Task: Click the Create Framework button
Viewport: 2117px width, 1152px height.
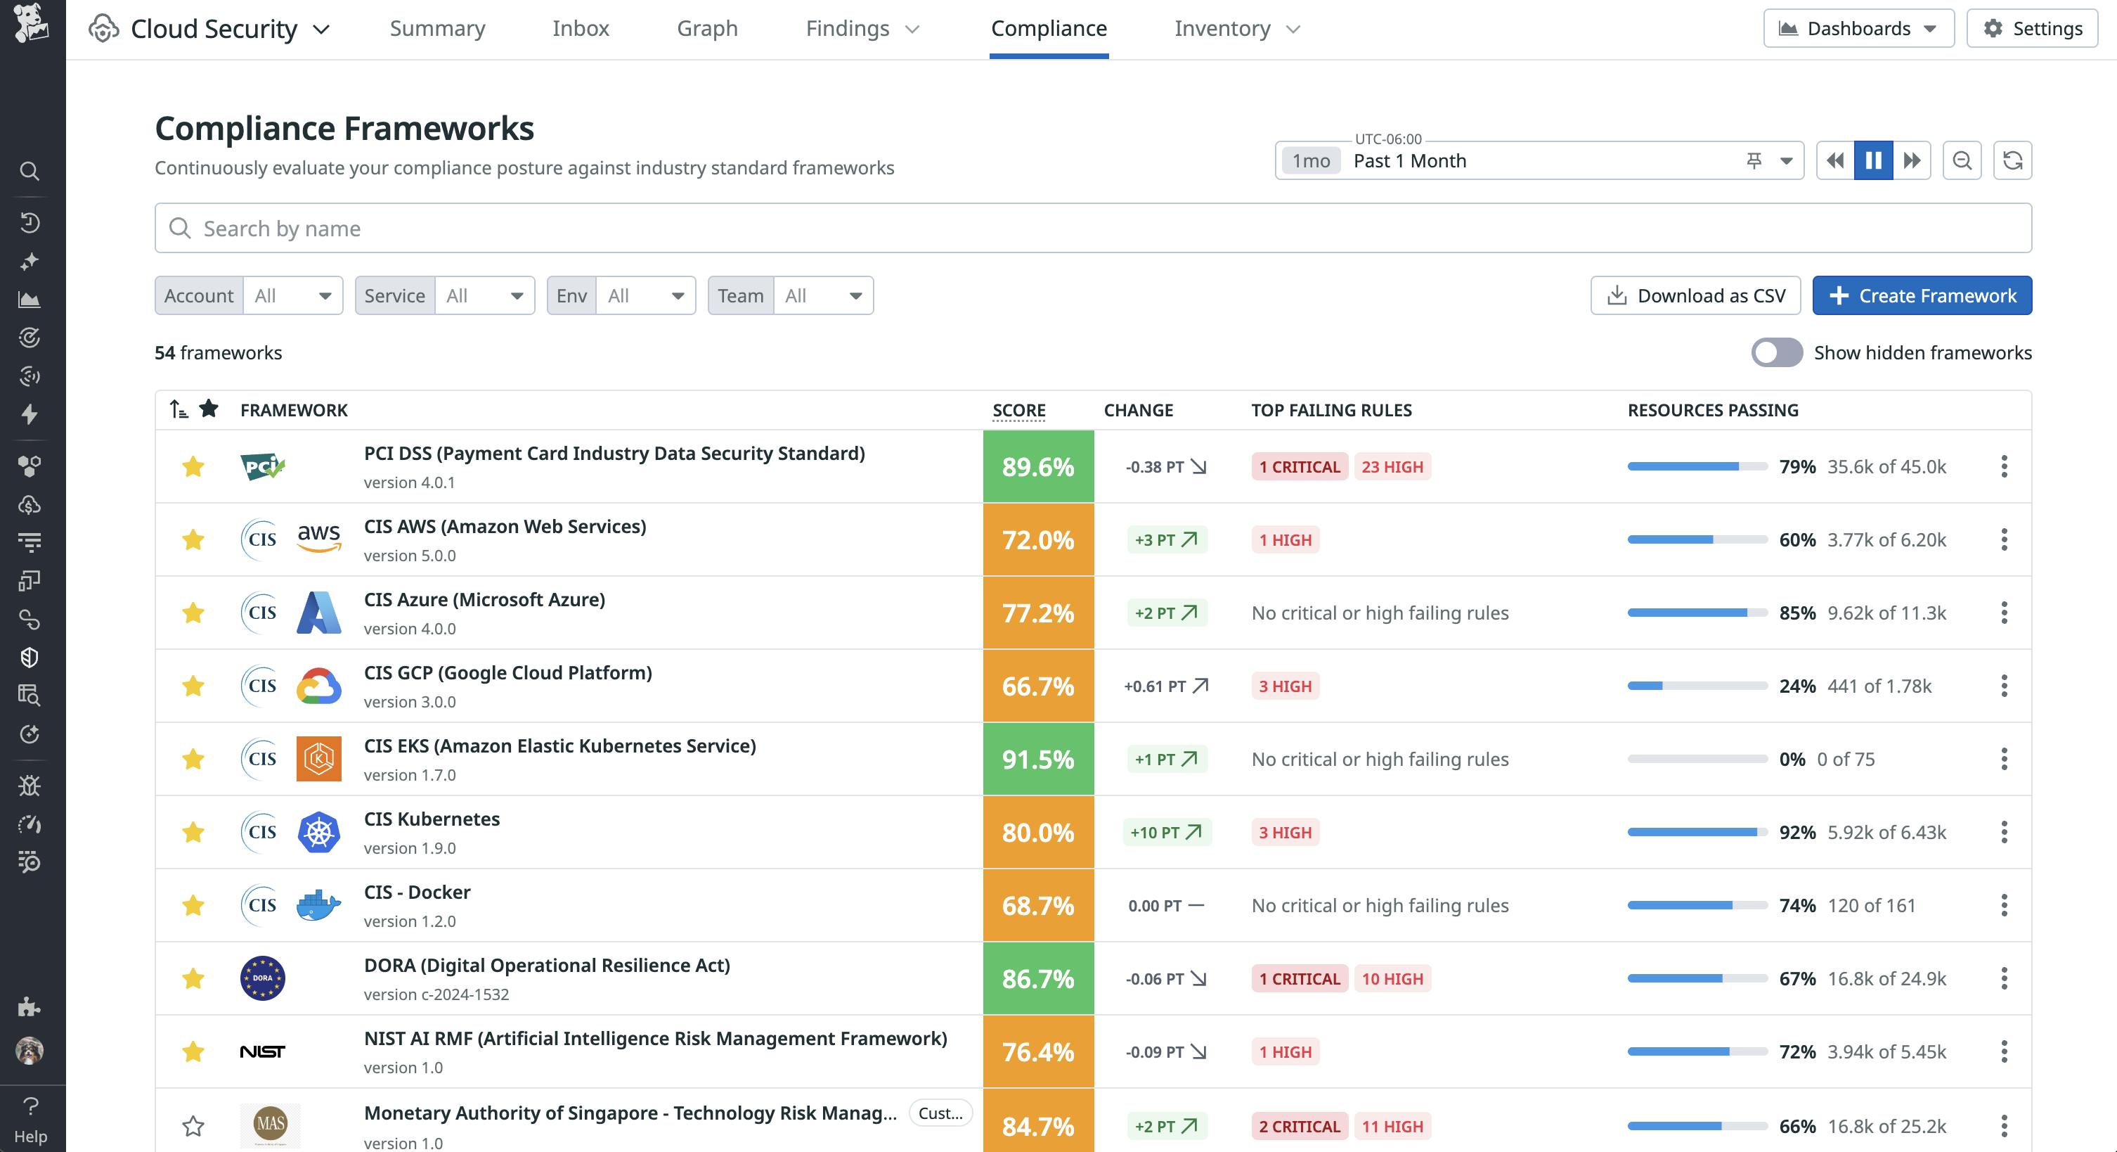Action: tap(1922, 295)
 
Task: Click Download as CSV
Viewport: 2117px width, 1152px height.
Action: tap(1695, 295)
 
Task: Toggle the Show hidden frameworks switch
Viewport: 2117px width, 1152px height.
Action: tap(1776, 353)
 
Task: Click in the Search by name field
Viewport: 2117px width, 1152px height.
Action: tap(1093, 229)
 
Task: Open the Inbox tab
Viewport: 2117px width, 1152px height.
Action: tap(580, 29)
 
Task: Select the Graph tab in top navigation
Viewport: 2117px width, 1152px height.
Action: tap(707, 29)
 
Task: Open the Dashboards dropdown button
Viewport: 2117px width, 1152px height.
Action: tap(1858, 29)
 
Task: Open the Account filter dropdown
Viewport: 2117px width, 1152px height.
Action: tap(292, 295)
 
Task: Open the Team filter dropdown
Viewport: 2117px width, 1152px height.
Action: tap(822, 295)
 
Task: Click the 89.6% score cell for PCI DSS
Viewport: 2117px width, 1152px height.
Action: tap(1038, 466)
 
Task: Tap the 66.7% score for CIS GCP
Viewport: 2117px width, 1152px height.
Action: tap(1038, 686)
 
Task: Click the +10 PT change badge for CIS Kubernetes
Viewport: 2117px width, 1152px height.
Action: tap(1165, 832)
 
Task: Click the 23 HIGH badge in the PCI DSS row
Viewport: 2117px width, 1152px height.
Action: tap(1392, 467)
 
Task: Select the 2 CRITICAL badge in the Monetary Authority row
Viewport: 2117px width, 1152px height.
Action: tap(1298, 1126)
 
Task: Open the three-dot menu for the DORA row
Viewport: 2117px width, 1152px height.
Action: tap(2004, 978)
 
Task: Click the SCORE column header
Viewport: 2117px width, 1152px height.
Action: tap(1018, 410)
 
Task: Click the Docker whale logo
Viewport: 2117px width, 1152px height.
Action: tap(318, 905)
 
